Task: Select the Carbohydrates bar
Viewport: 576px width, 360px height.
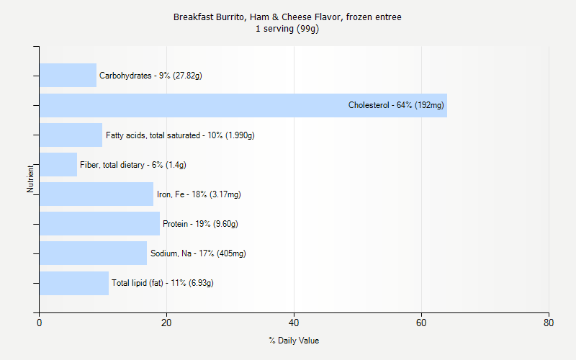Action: (x=68, y=76)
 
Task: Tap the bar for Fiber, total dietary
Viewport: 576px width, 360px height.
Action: (x=58, y=164)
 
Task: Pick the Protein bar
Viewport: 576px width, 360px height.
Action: (x=99, y=223)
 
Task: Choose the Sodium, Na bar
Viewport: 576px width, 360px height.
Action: (x=93, y=253)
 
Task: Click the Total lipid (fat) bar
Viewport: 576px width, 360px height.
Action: (x=74, y=283)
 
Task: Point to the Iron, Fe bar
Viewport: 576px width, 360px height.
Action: (x=96, y=194)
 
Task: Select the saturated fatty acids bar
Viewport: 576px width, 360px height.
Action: (x=71, y=135)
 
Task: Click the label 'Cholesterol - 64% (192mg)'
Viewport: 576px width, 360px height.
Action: (x=396, y=105)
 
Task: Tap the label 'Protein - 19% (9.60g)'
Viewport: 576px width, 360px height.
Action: (x=200, y=224)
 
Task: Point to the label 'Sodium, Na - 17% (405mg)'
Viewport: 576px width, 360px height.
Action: (x=198, y=253)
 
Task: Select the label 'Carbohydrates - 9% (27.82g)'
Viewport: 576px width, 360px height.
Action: (x=150, y=76)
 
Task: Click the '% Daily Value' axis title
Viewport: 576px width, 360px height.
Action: (x=294, y=341)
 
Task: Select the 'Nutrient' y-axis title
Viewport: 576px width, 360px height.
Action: (x=30, y=179)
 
